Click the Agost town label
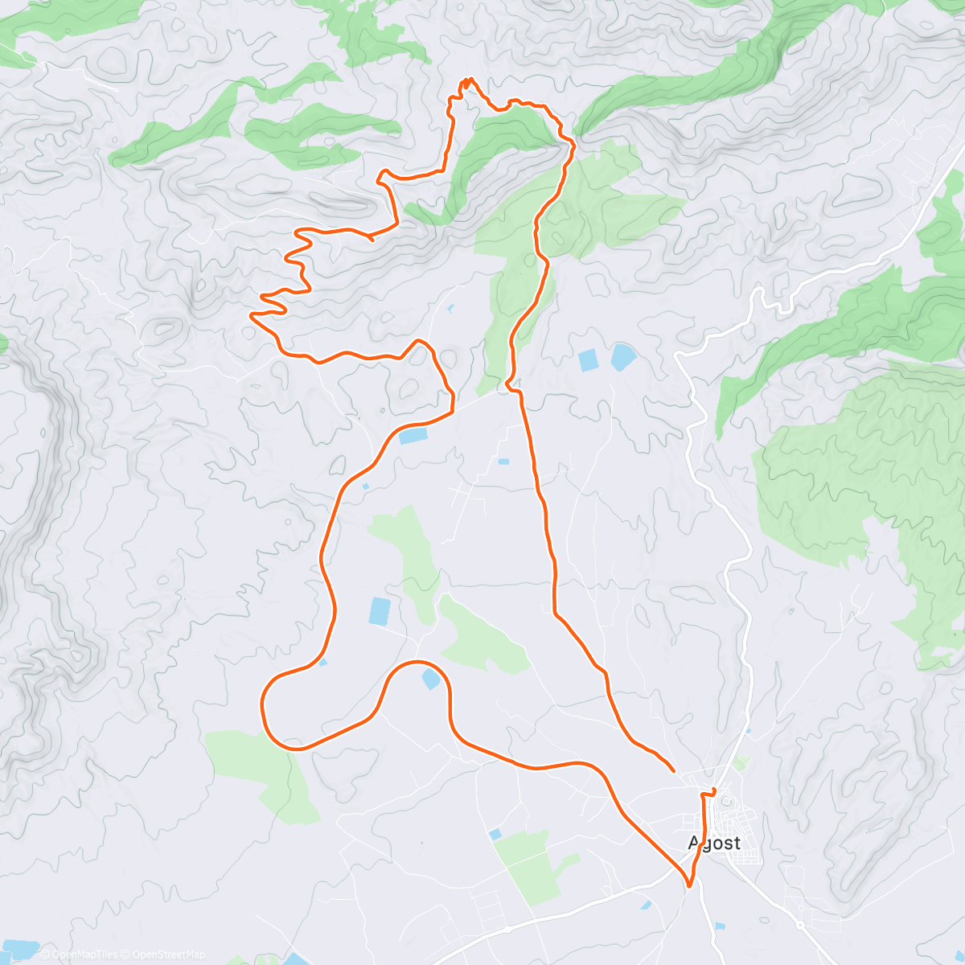[714, 843]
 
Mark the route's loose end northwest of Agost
[672, 770]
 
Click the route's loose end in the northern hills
[371, 239]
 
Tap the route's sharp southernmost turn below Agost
[689, 886]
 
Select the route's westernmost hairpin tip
[252, 315]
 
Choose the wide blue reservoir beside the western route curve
[413, 437]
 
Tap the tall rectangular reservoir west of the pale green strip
[379, 611]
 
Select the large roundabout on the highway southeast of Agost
[801, 925]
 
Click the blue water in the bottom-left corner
[16, 951]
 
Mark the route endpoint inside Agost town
[713, 790]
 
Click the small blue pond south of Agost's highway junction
[647, 905]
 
